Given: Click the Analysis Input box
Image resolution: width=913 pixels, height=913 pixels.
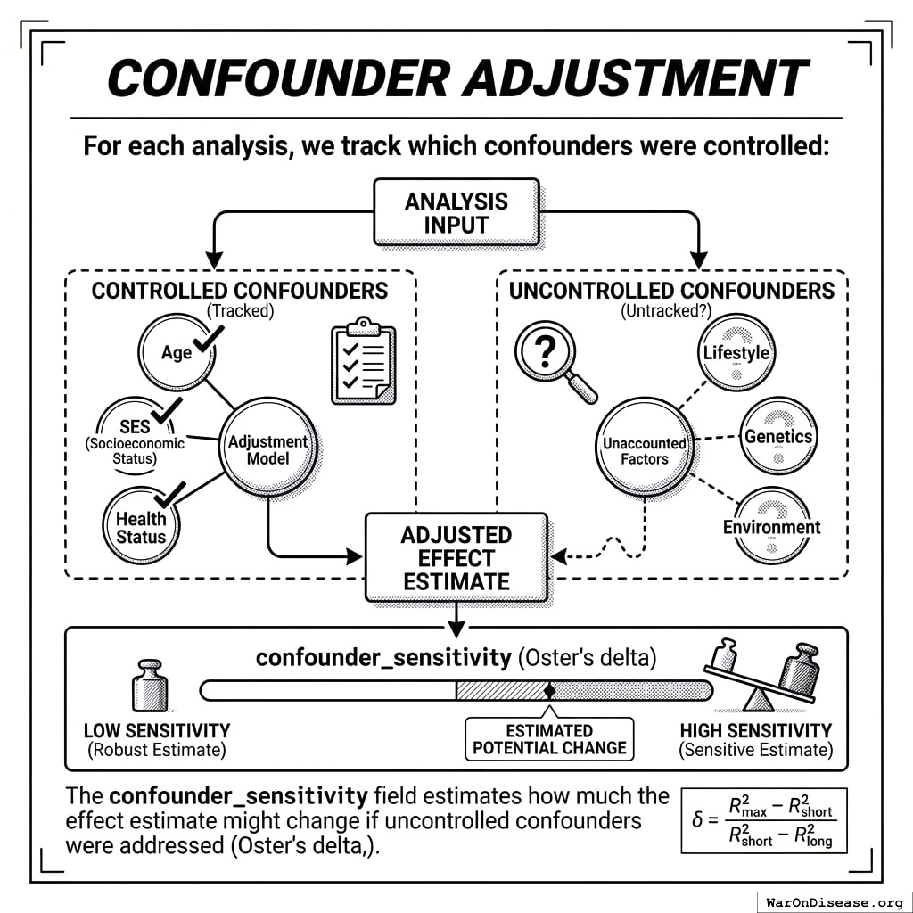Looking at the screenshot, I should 456,212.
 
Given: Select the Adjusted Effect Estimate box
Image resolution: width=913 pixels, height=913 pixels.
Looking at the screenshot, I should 456,557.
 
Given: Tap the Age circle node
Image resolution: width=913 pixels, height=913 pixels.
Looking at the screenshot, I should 177,352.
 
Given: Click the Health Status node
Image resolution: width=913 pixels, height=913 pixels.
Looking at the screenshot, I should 141,526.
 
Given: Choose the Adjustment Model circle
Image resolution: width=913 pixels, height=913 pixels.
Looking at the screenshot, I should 267,448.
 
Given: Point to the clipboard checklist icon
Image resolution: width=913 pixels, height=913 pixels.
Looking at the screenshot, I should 363,360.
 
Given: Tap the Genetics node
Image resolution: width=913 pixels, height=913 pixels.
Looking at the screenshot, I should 777,436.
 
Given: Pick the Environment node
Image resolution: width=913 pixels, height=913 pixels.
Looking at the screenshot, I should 771,525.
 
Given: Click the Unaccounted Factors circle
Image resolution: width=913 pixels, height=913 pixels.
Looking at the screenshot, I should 644,450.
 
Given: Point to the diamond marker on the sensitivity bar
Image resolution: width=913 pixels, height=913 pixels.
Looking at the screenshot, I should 549,690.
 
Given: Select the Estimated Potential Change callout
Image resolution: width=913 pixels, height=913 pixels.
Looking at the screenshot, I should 549,739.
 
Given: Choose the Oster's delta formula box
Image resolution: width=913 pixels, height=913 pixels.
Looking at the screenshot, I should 763,819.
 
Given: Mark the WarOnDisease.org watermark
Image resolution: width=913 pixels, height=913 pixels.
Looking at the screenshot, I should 834,901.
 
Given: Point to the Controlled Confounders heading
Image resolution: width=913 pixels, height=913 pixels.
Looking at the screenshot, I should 240,291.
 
